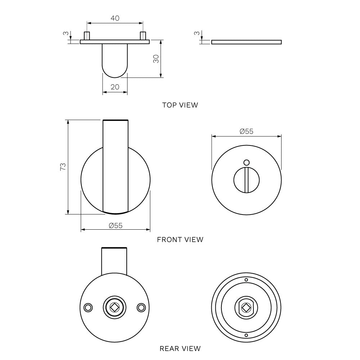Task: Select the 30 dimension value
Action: coord(156,59)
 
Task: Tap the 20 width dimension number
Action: coord(115,87)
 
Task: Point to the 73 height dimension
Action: coord(63,166)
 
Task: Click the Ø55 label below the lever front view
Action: coord(116,225)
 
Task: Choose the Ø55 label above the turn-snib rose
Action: coord(246,131)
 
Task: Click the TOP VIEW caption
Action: coord(180,105)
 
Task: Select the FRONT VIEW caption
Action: coord(180,239)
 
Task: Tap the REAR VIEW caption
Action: coord(180,348)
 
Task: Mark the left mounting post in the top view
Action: coord(87,36)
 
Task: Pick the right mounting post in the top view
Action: coord(143,36)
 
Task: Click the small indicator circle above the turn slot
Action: coord(246,162)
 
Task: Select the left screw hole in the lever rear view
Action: coord(87,307)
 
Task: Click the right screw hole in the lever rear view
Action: coord(141,307)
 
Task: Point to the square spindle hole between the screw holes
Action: coord(114,307)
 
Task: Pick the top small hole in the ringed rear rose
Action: coord(246,280)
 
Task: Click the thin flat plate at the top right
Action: coord(246,42)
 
